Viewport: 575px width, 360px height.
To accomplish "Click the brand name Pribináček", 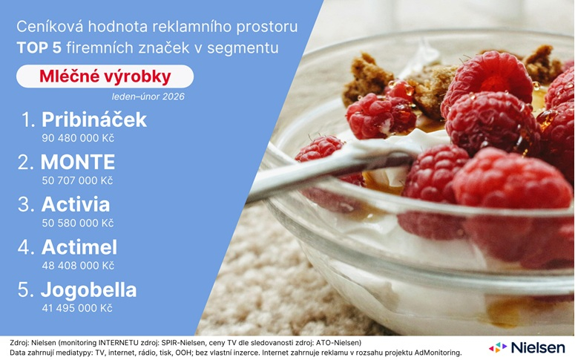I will click(x=93, y=120).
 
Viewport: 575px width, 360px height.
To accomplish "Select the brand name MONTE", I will click(x=78, y=163).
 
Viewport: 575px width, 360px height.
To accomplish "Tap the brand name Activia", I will click(x=76, y=205).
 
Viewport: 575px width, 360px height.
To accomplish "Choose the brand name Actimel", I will click(x=79, y=247).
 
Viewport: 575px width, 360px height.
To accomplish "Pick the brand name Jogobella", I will click(x=88, y=289).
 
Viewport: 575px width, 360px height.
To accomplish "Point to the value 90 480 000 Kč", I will click(x=78, y=138).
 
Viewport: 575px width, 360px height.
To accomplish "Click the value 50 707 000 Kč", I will click(x=78, y=180).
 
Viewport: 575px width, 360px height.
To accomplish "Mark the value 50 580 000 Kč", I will click(x=78, y=223).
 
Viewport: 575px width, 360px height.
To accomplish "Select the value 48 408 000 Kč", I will click(x=78, y=265).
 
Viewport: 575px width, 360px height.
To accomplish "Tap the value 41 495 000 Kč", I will click(x=78, y=307).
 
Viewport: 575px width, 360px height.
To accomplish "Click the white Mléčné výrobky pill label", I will click(x=105, y=76).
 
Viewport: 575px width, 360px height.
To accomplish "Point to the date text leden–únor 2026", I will click(x=148, y=96).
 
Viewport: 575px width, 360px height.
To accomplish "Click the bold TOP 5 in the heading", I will click(x=39, y=49).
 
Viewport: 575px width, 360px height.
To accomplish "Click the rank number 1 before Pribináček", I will click(x=28, y=120).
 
